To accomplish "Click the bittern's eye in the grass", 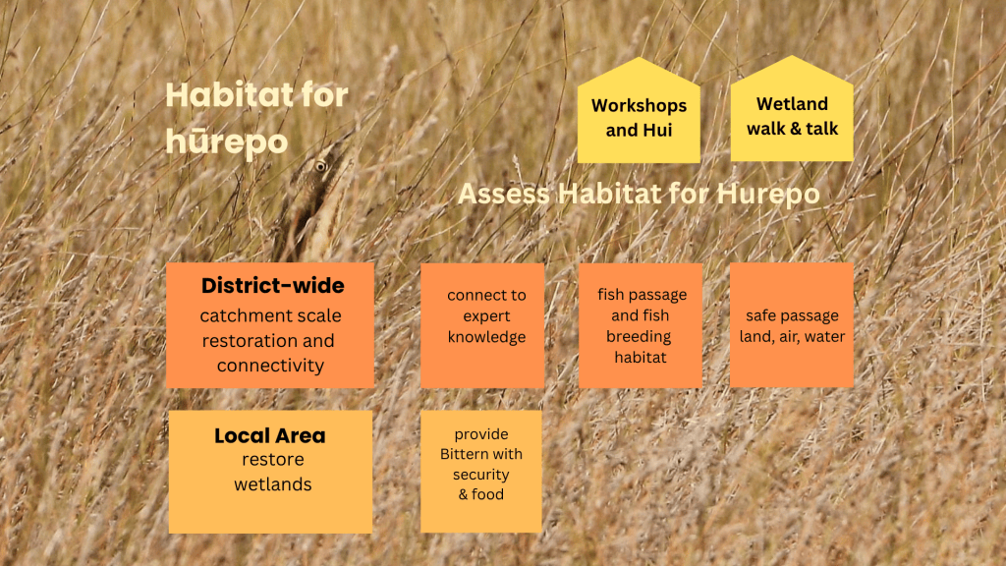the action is pyautogui.click(x=320, y=167).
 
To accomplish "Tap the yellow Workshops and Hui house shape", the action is pyautogui.click(x=639, y=110).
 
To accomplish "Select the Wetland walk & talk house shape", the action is pyautogui.click(x=792, y=109).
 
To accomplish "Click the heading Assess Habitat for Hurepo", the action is pyautogui.click(x=639, y=194).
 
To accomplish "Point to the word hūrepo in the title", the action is pyautogui.click(x=227, y=142).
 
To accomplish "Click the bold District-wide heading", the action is pyautogui.click(x=273, y=286).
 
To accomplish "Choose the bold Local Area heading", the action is pyautogui.click(x=270, y=435).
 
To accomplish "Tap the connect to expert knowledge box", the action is pyautogui.click(x=482, y=325).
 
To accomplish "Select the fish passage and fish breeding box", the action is pyautogui.click(x=641, y=325).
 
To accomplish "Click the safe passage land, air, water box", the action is pyautogui.click(x=792, y=324).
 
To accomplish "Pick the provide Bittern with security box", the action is pyautogui.click(x=481, y=472).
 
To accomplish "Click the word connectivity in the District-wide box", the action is pyautogui.click(x=270, y=366).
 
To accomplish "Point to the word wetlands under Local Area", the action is pyautogui.click(x=273, y=484).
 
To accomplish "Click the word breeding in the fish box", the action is pyautogui.click(x=639, y=337).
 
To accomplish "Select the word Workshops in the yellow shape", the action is pyautogui.click(x=639, y=105).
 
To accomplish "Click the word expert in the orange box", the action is pyautogui.click(x=486, y=316).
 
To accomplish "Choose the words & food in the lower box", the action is pyautogui.click(x=481, y=495).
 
